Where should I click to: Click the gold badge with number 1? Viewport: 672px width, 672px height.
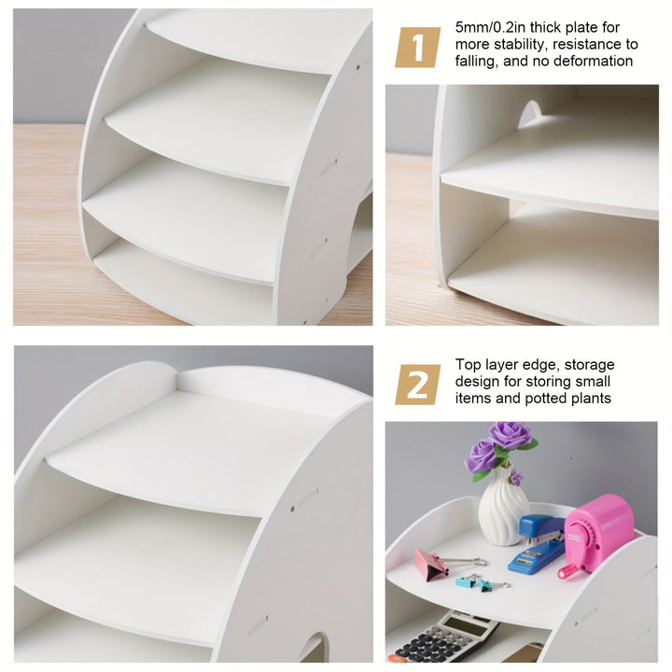417,48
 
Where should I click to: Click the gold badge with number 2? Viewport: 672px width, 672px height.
417,385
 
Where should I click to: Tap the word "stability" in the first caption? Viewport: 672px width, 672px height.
520,45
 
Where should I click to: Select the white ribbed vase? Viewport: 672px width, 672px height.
503,506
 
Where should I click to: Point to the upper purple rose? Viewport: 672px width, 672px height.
511,435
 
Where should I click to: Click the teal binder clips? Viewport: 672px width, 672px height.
481,582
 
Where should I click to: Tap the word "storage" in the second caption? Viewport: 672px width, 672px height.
590,366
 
